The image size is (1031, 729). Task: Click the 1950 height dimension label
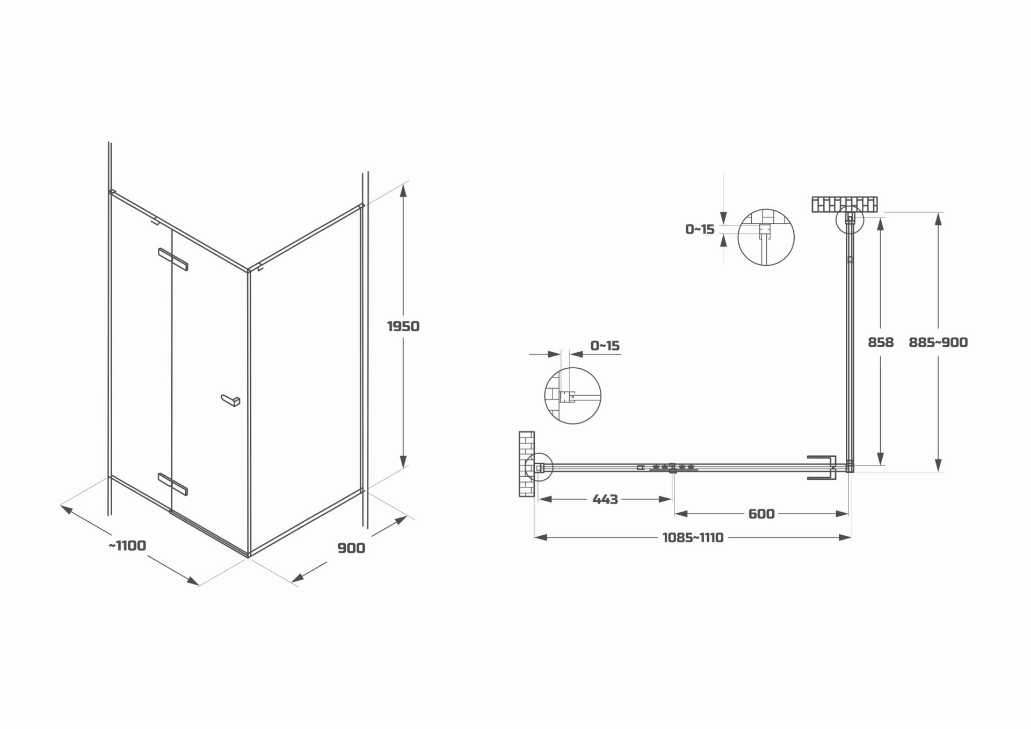click(403, 326)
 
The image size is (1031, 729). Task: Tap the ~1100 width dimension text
click(127, 545)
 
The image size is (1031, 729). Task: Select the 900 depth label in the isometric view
click(351, 548)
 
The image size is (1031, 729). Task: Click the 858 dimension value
click(881, 342)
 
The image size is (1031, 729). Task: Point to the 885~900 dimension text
click(938, 342)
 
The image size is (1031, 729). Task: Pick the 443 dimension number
click(605, 499)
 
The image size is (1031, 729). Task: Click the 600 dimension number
click(761, 514)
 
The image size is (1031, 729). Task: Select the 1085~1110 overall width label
click(693, 537)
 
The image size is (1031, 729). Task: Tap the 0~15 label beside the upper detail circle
click(700, 229)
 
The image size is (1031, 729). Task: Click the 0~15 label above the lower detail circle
click(605, 345)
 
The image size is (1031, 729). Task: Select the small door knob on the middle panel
click(231, 400)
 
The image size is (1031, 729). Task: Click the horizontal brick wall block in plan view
click(845, 205)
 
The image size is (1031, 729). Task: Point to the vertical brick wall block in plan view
click(527, 463)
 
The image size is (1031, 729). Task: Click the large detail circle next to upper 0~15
click(766, 237)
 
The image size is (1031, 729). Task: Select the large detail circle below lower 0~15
click(572, 396)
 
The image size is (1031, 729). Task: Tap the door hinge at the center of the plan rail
click(672, 468)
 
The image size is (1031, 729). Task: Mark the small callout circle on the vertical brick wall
click(538, 468)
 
